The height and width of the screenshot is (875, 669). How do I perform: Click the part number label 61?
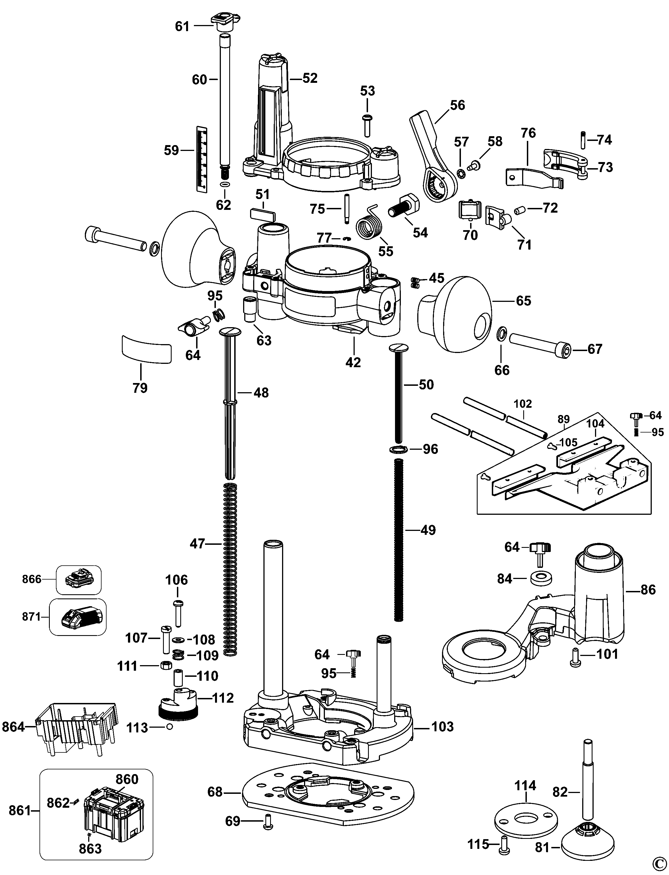182,27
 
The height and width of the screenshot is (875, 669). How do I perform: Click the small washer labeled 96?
399,449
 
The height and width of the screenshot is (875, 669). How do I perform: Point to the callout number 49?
428,530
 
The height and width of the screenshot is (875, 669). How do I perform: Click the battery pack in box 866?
78,579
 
